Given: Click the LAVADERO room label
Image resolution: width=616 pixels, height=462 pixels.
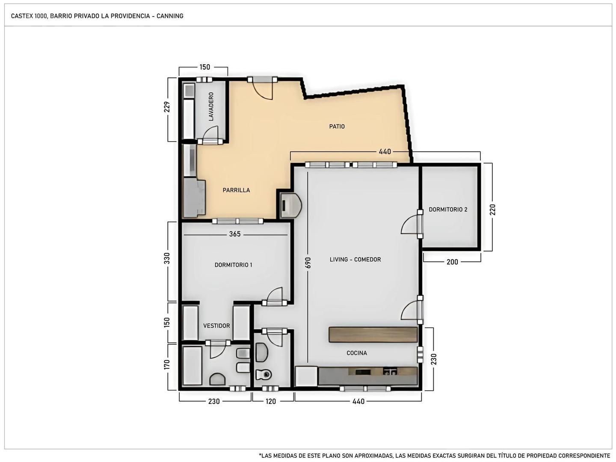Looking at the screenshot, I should coord(211,107).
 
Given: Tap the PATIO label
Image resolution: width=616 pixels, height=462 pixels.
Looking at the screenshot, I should coord(337,127).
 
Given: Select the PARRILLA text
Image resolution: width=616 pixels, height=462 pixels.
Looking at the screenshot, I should coord(236,190).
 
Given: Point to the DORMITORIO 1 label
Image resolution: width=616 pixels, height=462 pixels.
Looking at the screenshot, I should coord(233,265).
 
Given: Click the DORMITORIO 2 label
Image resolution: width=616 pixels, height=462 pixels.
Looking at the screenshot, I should coord(448,210).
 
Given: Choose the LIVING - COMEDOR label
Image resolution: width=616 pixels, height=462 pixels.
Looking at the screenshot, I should coord(355,260).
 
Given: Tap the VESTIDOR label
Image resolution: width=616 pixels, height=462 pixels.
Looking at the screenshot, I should coord(216,326).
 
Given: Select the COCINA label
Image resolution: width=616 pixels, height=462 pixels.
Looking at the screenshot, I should coord(357,353).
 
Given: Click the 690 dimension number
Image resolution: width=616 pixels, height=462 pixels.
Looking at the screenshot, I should coord(308,263).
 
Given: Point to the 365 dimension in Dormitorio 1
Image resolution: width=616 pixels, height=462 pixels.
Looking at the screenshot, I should coord(235,234).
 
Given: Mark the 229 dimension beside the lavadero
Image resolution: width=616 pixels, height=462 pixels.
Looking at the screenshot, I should coord(167,107).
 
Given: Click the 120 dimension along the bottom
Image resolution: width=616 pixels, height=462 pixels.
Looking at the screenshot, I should coord(271,402).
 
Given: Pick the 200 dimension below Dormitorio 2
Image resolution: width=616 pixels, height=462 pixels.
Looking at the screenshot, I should coord(452,262).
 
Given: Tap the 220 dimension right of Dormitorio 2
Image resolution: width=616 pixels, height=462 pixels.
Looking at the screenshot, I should coord(492,210).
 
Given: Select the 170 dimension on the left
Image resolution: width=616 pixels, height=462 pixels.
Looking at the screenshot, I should coord(167,365).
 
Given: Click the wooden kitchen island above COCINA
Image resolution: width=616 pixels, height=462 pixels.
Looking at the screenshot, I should coord(373,335).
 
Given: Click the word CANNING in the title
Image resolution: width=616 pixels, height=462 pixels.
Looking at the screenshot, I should coord(170,16).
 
